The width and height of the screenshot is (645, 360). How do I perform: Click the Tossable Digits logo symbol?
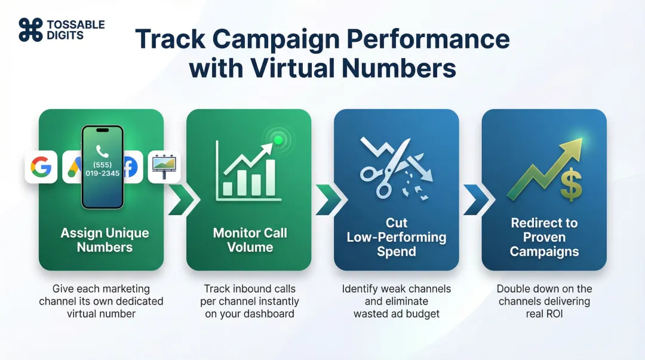click(30, 30)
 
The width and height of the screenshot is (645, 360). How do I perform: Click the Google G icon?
click(41, 167)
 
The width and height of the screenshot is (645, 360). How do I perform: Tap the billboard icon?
click(164, 167)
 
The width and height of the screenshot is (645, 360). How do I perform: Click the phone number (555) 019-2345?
click(102, 168)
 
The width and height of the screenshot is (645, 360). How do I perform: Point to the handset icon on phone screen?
click(102, 152)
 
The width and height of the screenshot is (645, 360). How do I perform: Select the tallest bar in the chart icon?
click(270, 177)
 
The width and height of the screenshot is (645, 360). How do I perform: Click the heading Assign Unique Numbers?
click(105, 240)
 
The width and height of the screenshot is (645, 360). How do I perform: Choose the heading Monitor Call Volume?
click(250, 240)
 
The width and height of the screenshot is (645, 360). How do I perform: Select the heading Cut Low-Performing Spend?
click(397, 237)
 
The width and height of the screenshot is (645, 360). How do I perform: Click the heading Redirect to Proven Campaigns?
click(544, 237)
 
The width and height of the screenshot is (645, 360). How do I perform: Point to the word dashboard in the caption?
click(266, 313)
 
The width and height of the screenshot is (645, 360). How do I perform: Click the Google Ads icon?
click(72, 167)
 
